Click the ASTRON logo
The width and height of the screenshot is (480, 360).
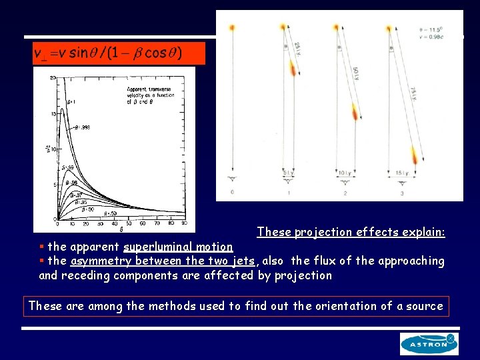429,344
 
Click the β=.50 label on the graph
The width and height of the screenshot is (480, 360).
109,214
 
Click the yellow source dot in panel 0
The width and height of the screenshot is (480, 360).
232,28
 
